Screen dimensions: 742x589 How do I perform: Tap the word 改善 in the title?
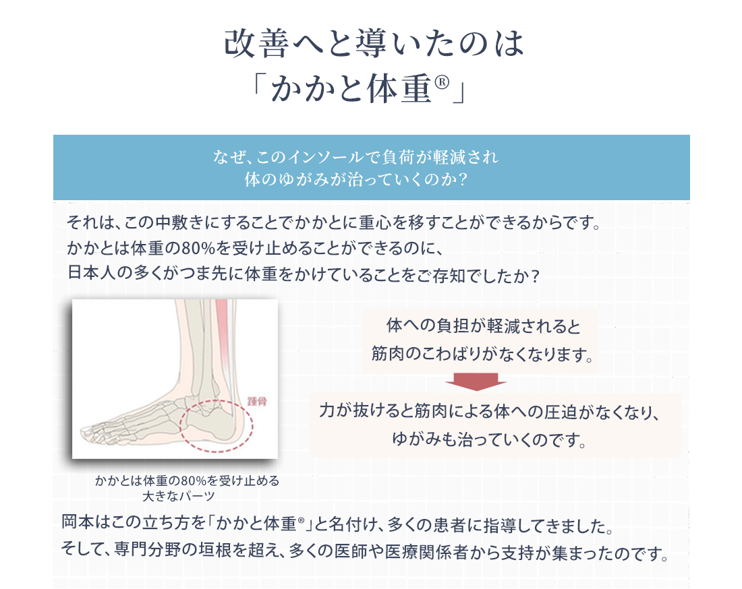pos(256,44)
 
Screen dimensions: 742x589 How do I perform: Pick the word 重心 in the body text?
pos(375,222)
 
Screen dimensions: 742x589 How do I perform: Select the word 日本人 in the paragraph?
pos(92,274)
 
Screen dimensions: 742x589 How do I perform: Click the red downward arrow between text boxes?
pos(476,381)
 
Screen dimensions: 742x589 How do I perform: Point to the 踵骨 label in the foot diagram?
pos(257,402)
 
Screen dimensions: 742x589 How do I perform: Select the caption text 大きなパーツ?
pos(179,496)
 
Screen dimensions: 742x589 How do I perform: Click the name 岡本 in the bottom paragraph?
pos(78,522)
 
